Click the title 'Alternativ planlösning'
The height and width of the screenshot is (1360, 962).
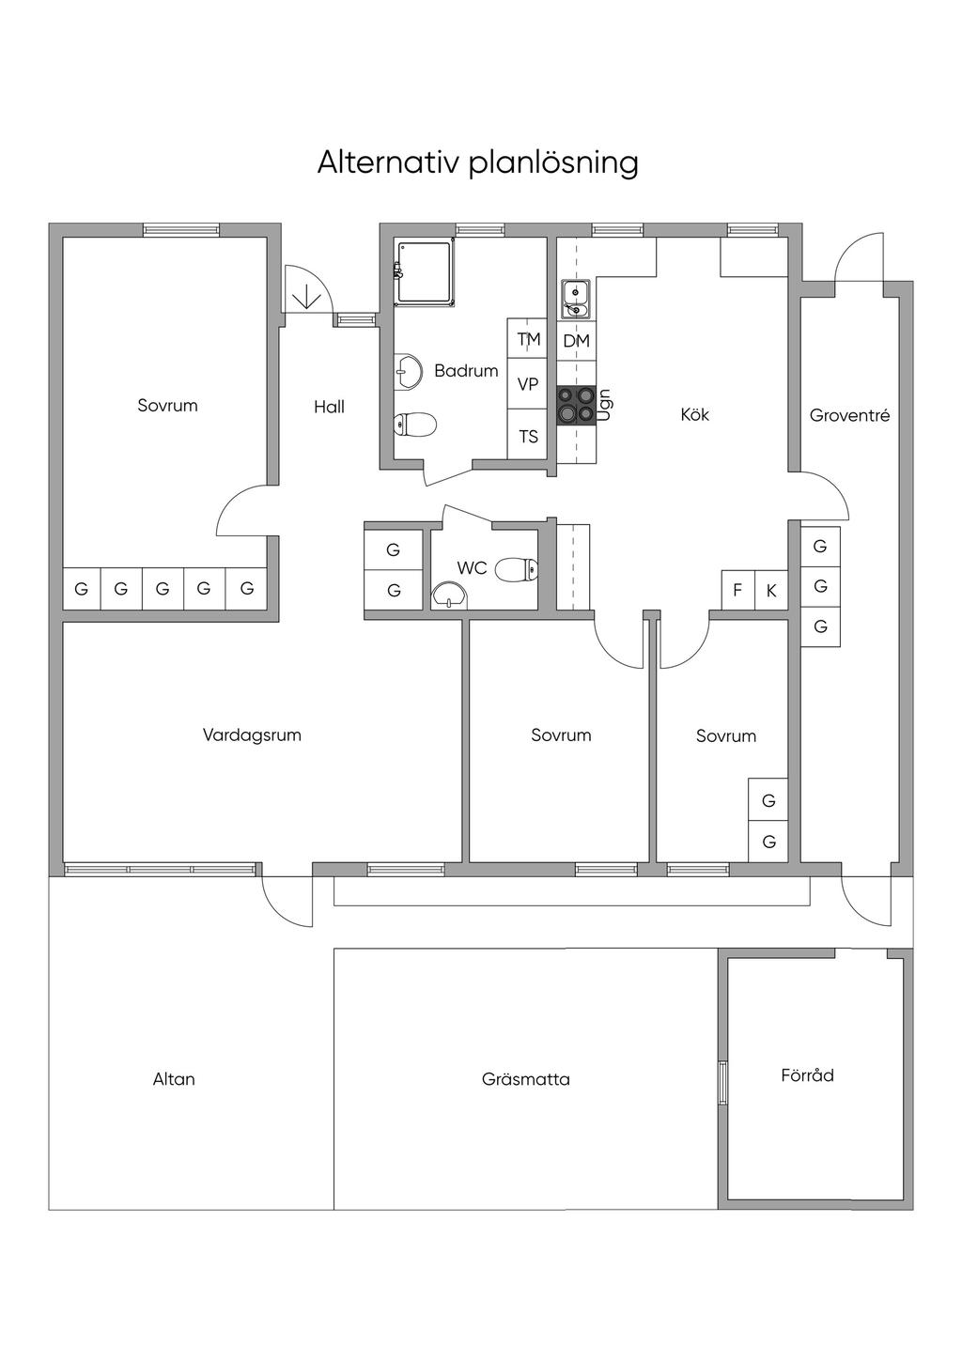click(x=477, y=163)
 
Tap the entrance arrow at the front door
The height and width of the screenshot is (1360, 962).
click(x=307, y=296)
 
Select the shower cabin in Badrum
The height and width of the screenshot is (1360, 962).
click(x=426, y=272)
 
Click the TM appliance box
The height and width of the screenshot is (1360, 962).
click(x=528, y=339)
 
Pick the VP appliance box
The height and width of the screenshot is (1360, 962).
click(x=528, y=384)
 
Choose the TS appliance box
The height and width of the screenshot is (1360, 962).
click(x=528, y=434)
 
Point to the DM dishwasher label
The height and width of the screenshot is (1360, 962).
click(x=576, y=341)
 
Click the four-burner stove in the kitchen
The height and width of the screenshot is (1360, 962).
click(x=576, y=406)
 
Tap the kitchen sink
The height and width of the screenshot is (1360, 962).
click(x=575, y=299)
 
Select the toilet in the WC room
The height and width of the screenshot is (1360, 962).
click(x=517, y=569)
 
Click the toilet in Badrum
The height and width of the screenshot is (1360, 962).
click(x=415, y=425)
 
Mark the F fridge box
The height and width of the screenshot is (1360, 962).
click(x=737, y=590)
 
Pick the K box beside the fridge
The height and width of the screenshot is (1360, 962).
click(x=771, y=590)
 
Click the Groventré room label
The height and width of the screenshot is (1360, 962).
click(x=849, y=415)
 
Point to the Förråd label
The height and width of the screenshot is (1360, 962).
click(x=807, y=1075)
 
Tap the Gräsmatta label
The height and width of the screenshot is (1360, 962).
click(x=526, y=1079)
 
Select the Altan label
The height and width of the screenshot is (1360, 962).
click(x=174, y=1079)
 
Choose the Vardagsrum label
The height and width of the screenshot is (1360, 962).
click(x=252, y=735)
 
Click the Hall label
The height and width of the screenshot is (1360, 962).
click(x=329, y=406)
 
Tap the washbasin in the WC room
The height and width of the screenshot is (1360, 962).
click(x=449, y=595)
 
